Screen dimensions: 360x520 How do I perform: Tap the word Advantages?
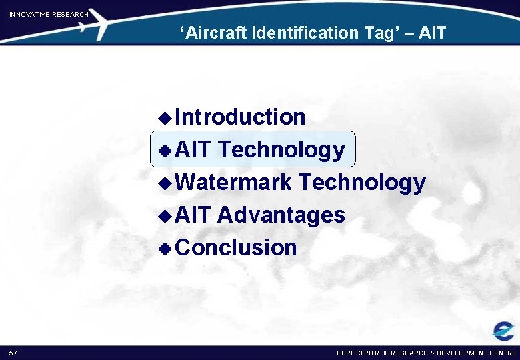[281, 215]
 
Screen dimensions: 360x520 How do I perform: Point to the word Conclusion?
[237, 247]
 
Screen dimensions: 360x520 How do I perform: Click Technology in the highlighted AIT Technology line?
[281, 150]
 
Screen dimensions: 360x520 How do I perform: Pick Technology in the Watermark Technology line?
[362, 182]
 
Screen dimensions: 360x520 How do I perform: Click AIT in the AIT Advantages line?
[193, 215]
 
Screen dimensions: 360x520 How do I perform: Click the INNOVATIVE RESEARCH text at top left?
[49, 14]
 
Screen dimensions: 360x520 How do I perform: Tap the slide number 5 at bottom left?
[11, 353]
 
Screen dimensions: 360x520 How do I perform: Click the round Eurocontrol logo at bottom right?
[502, 331]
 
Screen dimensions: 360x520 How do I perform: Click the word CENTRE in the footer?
[501, 353]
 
